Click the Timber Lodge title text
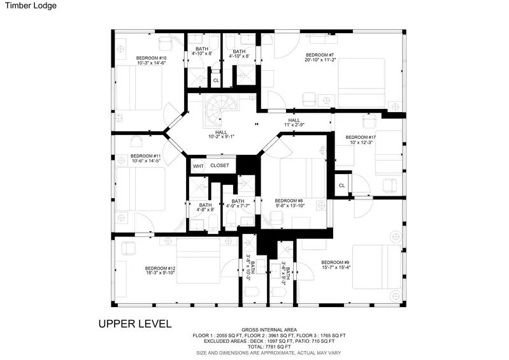(x=31, y=6)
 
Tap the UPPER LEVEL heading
(x=135, y=324)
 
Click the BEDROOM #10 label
(x=151, y=58)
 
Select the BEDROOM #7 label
(x=320, y=55)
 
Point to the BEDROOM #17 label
(x=361, y=138)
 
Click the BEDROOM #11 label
(x=146, y=156)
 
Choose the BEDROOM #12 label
(x=160, y=268)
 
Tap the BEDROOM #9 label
(x=335, y=263)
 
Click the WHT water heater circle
(x=198, y=166)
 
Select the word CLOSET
(x=220, y=166)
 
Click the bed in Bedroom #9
(x=377, y=267)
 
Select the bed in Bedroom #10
(x=139, y=88)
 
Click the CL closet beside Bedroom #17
(x=342, y=185)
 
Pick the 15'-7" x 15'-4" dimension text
(x=336, y=268)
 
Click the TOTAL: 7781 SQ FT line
(x=269, y=347)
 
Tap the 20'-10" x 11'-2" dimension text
(x=320, y=60)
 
